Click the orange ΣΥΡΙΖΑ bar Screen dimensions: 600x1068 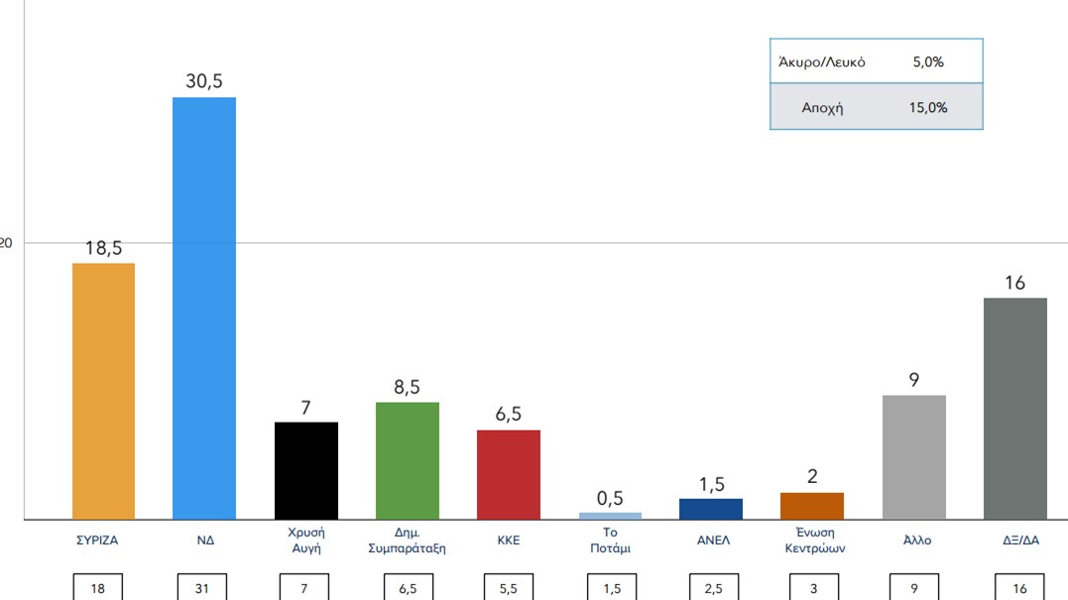point(103,391)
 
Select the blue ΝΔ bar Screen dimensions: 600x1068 point(204,307)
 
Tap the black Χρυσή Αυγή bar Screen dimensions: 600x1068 point(305,470)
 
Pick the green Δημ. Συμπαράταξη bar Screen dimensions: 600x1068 point(407,460)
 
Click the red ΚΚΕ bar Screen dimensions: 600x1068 point(508,474)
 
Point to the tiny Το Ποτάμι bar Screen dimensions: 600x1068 point(610,516)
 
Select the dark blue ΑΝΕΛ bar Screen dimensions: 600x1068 point(710,509)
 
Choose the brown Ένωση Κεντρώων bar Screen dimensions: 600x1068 point(812,506)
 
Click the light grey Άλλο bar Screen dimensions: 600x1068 point(913,456)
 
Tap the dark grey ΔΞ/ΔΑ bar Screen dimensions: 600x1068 point(1014,408)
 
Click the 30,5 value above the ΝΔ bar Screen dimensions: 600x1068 point(204,81)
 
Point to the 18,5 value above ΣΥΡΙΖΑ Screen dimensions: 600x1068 point(103,248)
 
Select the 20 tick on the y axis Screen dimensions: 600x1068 point(6,243)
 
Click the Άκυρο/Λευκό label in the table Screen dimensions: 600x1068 point(822,61)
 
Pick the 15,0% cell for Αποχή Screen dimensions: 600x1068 point(928,107)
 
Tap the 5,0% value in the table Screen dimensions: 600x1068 point(928,61)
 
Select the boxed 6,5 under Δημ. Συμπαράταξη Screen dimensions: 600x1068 point(407,588)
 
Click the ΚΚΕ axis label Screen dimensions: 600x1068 point(508,540)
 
